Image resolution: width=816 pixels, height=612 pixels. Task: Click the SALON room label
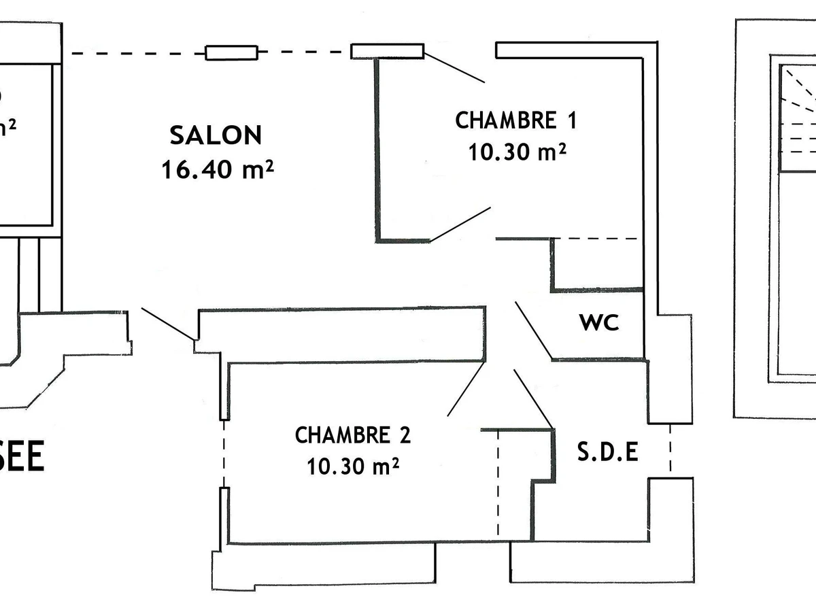(x=216, y=135)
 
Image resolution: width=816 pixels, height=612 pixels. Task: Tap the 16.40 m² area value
(x=217, y=169)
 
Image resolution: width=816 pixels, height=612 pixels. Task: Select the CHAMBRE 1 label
(x=515, y=120)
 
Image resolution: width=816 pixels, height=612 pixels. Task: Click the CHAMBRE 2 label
(x=352, y=435)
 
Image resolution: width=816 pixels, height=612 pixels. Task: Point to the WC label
(x=599, y=323)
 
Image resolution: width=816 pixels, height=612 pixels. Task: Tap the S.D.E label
(x=608, y=453)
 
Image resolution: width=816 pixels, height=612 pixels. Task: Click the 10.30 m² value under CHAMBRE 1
(x=517, y=152)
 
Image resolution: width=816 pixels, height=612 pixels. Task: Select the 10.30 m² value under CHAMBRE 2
(x=352, y=466)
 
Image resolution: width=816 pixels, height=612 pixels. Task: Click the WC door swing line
(x=533, y=330)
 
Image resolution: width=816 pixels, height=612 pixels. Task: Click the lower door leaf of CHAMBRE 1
(x=460, y=224)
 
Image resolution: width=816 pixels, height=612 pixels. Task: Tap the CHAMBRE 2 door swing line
(x=466, y=389)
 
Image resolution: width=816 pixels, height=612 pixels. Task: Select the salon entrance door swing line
(x=168, y=324)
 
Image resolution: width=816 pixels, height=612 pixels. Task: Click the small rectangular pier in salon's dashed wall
(x=232, y=52)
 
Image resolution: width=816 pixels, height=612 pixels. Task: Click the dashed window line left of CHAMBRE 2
(x=224, y=454)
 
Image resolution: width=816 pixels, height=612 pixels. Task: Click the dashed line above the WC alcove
(x=596, y=239)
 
